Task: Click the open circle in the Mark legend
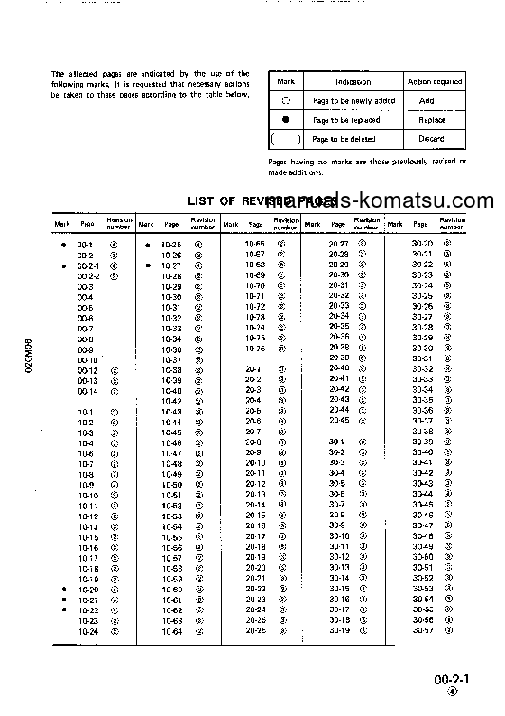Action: (x=286, y=101)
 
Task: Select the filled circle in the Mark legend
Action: (x=286, y=120)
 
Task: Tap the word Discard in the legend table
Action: (x=431, y=139)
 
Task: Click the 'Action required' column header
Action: (x=435, y=81)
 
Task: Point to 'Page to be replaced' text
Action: (x=346, y=120)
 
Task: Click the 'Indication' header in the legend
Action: (x=353, y=81)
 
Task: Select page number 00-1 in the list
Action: (x=86, y=245)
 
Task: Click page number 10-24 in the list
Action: (x=88, y=631)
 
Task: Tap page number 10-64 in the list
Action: (x=171, y=631)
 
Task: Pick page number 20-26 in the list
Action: (x=255, y=630)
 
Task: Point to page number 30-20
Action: (x=423, y=244)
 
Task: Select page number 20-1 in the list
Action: (x=253, y=369)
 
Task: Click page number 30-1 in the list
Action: (x=337, y=442)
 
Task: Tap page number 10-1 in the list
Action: (x=86, y=412)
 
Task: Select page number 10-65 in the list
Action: (x=255, y=244)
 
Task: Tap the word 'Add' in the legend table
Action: (x=427, y=101)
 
